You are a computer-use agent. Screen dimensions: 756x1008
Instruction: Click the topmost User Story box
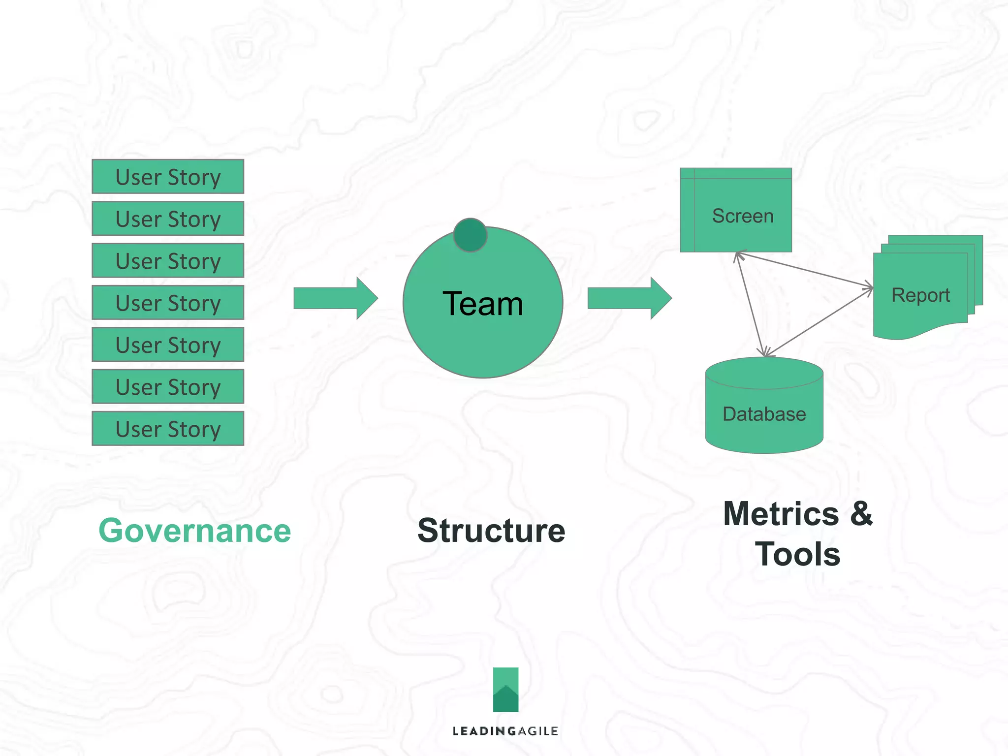pos(168,177)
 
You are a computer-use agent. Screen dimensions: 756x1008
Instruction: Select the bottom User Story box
pos(168,429)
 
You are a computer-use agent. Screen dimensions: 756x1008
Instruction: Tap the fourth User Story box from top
pos(168,303)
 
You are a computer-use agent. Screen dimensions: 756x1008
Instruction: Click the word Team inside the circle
pos(482,304)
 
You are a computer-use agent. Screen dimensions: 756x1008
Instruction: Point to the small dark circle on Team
pos(470,235)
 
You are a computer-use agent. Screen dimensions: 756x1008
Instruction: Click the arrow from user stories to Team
pos(335,298)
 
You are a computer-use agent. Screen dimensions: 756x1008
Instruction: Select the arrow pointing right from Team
pos(629,298)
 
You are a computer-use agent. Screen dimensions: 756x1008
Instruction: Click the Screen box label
pos(742,216)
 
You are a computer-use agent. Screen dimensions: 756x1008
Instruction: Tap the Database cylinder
pos(764,413)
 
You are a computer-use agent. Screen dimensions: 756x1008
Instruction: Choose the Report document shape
pos(920,295)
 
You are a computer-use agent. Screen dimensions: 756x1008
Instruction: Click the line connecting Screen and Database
pos(750,304)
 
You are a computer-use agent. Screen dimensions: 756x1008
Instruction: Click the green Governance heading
pos(195,531)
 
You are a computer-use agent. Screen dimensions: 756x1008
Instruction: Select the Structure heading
pos(491,531)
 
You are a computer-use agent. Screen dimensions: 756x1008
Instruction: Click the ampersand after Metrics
pos(861,514)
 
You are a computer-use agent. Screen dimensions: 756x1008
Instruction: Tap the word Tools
pos(797,554)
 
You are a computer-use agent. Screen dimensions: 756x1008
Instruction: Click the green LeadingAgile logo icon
pos(505,690)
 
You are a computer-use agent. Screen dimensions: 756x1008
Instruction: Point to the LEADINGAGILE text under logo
pos(505,731)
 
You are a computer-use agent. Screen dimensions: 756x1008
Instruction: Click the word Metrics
pos(781,514)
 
